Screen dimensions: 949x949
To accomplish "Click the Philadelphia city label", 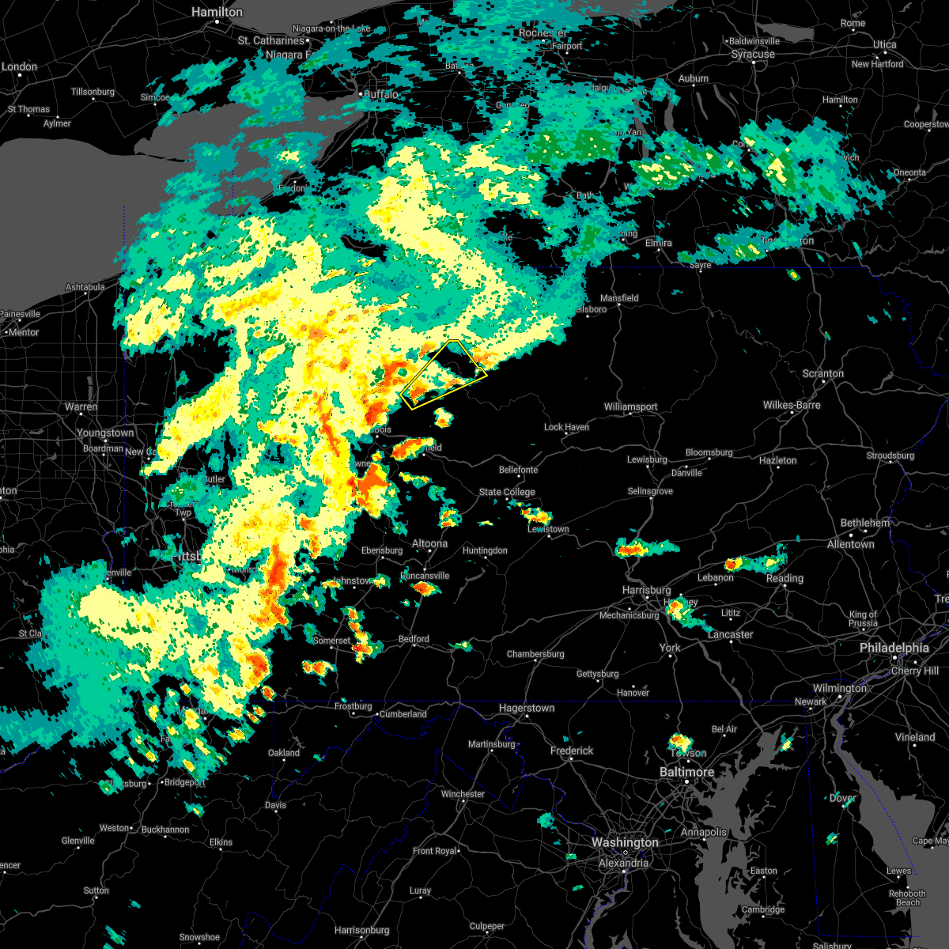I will (x=894, y=648).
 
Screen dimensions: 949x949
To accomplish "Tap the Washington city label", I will (x=625, y=842).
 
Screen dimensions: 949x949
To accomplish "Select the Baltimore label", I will (x=686, y=772).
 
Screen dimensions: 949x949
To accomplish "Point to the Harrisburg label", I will (x=646, y=590).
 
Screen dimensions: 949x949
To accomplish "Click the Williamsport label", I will (x=630, y=406).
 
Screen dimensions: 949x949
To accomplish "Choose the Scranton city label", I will (x=822, y=373).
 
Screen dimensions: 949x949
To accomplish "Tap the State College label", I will (x=507, y=492).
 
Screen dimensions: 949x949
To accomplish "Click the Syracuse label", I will (x=753, y=55).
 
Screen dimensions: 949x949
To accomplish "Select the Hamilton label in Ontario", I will (x=217, y=13).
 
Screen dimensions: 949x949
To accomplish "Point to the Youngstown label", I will (x=105, y=433).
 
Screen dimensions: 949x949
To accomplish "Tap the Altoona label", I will (x=430, y=543).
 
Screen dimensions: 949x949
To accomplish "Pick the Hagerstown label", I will (x=527, y=708).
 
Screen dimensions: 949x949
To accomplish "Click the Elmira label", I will (x=658, y=243).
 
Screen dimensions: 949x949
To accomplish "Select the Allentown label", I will (x=851, y=544).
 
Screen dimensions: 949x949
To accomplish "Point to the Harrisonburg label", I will (x=362, y=930).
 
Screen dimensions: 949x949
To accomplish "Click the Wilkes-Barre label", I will (x=792, y=405).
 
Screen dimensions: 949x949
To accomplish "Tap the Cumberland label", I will (x=403, y=713).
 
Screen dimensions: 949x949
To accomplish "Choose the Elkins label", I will (x=221, y=842).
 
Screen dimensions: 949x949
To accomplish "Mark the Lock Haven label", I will (x=566, y=427).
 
